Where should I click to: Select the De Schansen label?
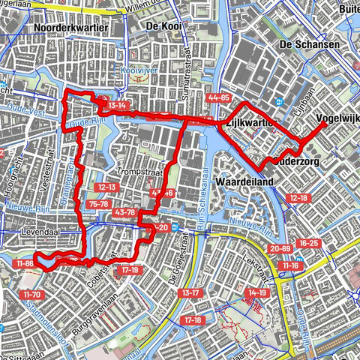(x=308, y=45)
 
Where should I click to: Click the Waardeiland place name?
(x=241, y=182)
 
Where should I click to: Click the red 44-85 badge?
(x=219, y=98)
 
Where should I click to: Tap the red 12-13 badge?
(x=106, y=187)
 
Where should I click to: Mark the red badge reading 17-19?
(x=130, y=269)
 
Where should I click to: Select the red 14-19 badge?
(x=257, y=292)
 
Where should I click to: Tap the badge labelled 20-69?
(x=280, y=248)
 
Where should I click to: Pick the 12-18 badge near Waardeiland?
(x=298, y=197)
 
